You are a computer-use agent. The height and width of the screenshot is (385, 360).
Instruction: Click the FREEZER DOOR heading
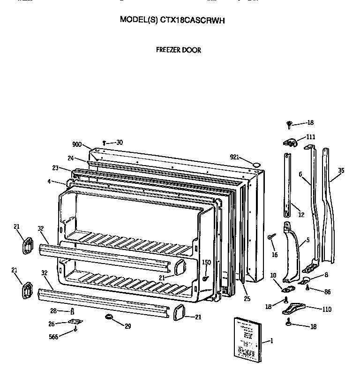point(178,50)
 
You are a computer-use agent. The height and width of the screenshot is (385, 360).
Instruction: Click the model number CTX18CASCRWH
point(192,20)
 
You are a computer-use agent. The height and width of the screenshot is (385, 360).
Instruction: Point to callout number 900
point(77,144)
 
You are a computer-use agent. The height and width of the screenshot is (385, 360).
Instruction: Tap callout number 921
point(235,157)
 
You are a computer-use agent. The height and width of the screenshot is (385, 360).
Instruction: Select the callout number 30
point(120,142)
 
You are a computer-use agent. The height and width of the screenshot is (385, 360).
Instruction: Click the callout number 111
point(311,137)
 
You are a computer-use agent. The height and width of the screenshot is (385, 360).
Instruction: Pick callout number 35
point(341,170)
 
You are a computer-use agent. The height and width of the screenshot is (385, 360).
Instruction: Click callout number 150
point(206,262)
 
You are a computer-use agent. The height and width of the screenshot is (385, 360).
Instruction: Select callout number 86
point(327,292)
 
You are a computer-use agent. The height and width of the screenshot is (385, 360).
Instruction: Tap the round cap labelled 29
point(110,317)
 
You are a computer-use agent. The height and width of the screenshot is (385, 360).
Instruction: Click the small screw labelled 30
point(105,143)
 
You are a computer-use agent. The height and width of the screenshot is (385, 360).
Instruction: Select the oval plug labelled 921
point(256,164)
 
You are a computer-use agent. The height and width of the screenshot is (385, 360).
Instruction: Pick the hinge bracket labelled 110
point(293,308)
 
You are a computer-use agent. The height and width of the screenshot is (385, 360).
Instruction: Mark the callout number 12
point(301,215)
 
